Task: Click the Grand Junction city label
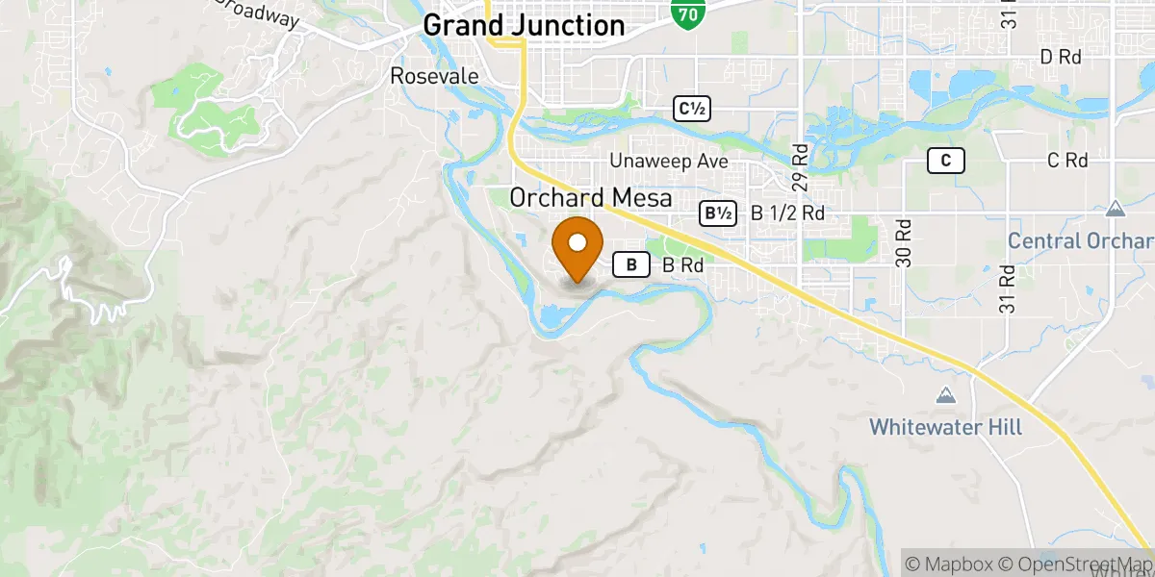coord(524,25)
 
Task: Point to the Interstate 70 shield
coord(688,13)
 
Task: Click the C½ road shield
coord(692,110)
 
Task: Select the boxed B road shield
coord(631,264)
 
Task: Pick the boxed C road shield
coord(946,162)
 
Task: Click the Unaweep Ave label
coord(674,162)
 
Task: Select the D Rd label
coord(1062,58)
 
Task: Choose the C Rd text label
coord(1067,161)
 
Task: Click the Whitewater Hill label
coord(945,426)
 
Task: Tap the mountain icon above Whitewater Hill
coord(945,395)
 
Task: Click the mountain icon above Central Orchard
coord(1115,209)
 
